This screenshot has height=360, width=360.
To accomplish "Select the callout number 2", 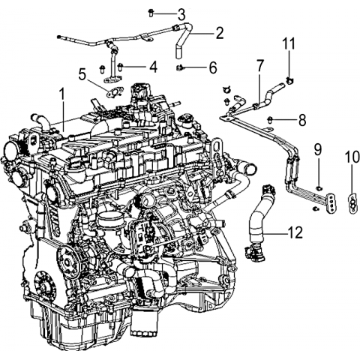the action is (219, 33).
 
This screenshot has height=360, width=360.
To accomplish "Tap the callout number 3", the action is (181, 14).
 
